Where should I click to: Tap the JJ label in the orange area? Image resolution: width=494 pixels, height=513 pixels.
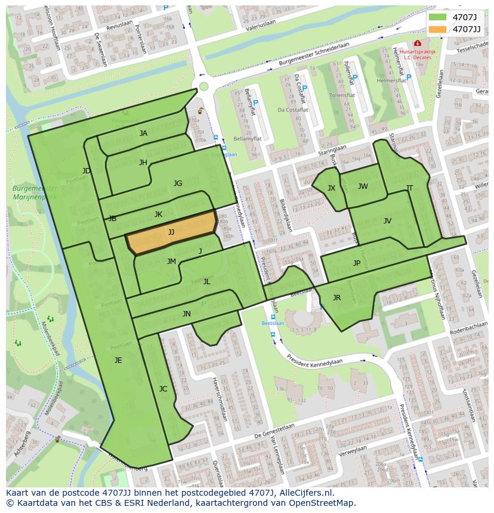click(171, 232)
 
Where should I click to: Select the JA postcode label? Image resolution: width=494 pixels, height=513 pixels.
click(143, 133)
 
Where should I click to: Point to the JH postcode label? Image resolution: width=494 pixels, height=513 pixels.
click(143, 163)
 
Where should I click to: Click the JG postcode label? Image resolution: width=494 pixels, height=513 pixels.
click(178, 184)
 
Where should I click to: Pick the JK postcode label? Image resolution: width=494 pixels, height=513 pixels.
click(158, 214)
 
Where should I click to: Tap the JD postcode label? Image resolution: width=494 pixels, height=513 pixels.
click(87, 171)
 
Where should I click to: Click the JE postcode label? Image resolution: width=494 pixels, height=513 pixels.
click(118, 360)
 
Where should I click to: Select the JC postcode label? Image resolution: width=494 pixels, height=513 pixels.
click(163, 389)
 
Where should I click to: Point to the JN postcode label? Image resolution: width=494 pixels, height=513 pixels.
click(187, 314)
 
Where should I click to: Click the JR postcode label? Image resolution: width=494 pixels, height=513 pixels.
click(336, 298)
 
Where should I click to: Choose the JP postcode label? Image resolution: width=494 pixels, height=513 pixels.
click(357, 263)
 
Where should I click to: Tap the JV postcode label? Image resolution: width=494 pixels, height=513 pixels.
click(387, 221)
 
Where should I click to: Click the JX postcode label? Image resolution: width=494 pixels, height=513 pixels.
click(331, 188)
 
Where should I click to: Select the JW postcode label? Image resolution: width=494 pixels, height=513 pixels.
click(363, 186)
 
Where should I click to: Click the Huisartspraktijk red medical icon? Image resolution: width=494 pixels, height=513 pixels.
click(417, 43)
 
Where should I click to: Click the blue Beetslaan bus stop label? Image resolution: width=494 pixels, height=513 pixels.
click(273, 323)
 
